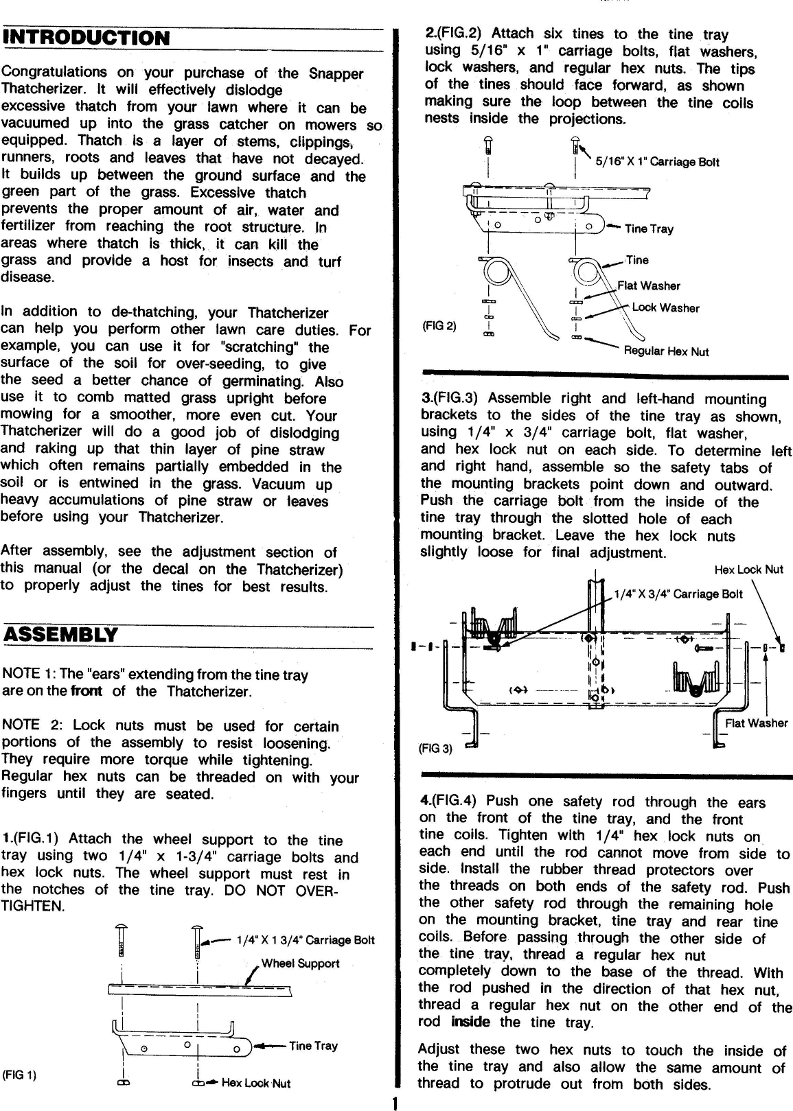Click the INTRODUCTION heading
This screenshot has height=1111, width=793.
pyautogui.click(x=86, y=38)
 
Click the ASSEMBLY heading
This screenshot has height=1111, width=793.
pyautogui.click(x=60, y=635)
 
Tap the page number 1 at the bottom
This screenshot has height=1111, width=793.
pyautogui.click(x=394, y=1103)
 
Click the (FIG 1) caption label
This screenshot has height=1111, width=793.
pyautogui.click(x=19, y=1075)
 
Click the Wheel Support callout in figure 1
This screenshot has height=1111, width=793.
pyautogui.click(x=300, y=963)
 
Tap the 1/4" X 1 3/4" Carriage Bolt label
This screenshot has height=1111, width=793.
pyautogui.click(x=305, y=940)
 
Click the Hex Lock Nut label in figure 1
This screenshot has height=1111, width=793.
pyautogui.click(x=255, y=1084)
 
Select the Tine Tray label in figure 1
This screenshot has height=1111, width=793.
pyautogui.click(x=313, y=1046)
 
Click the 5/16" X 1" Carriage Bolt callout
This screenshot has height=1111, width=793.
pyautogui.click(x=657, y=162)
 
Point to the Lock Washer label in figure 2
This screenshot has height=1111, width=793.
pyautogui.click(x=665, y=308)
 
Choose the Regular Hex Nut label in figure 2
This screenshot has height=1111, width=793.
pyautogui.click(x=666, y=351)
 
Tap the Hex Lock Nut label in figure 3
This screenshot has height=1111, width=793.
pyautogui.click(x=748, y=570)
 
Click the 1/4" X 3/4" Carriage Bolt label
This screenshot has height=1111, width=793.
pyautogui.click(x=678, y=594)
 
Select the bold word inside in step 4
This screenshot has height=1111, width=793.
pyautogui.click(x=470, y=1022)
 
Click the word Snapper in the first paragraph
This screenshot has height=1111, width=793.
pyautogui.click(x=334, y=73)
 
